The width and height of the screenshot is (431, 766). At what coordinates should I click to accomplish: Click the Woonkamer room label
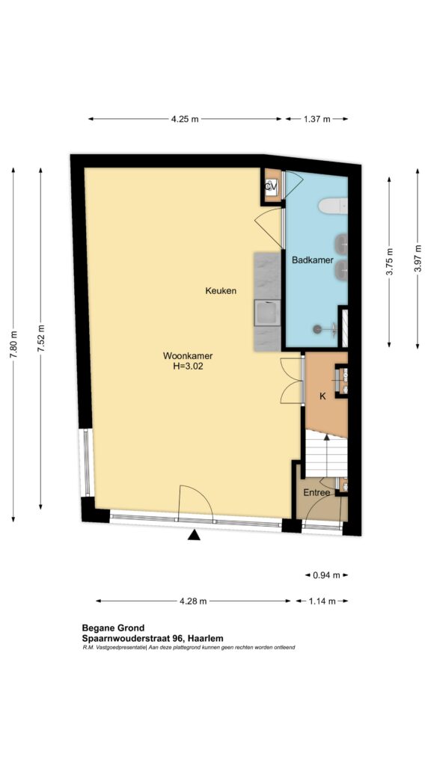188,356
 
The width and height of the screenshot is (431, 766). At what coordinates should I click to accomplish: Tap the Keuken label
221,291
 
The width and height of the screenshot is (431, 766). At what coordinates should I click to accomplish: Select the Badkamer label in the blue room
313,260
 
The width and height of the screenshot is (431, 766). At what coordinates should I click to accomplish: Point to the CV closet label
271,186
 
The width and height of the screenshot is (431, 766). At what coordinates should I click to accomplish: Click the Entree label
317,493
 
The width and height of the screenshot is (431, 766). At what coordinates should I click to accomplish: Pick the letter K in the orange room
323,397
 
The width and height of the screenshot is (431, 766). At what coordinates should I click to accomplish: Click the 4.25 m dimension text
186,119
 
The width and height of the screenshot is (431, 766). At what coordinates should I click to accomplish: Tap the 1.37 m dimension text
317,119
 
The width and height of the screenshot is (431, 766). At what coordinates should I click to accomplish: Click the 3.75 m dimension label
389,263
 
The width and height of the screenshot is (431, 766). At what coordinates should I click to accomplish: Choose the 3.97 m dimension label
418,259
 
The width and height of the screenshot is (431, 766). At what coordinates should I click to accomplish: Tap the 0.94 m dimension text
326,575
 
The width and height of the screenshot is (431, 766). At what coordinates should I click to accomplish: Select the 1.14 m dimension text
322,601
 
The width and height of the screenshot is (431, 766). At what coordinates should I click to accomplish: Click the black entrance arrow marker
195,536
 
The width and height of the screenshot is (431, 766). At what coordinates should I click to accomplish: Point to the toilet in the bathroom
333,206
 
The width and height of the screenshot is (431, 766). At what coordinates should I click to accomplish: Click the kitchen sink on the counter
268,313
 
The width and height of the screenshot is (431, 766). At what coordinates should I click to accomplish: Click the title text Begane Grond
113,628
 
